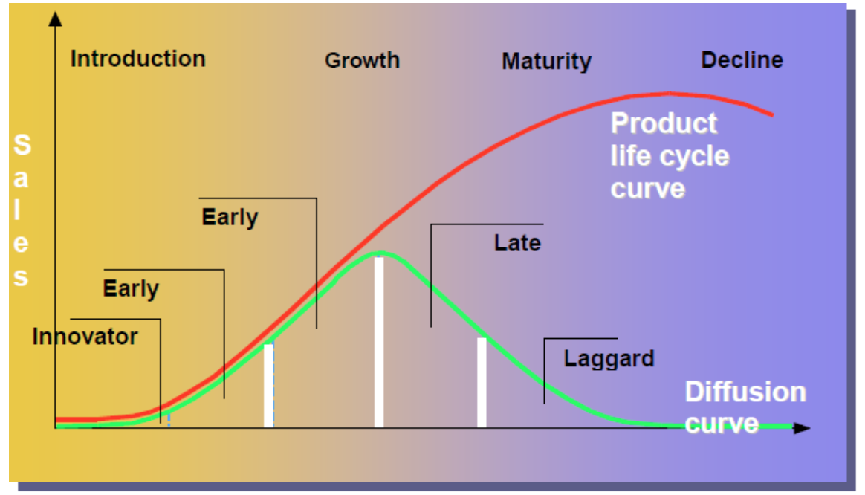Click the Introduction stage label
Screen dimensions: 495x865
pyautogui.click(x=137, y=59)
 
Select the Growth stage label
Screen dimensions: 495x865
pyautogui.click(x=362, y=60)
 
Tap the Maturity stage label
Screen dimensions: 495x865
pyautogui.click(x=546, y=61)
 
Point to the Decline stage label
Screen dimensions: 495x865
pyautogui.click(x=742, y=59)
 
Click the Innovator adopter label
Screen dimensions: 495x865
pyautogui.click(x=85, y=337)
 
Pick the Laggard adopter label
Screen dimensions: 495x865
pyautogui.click(x=609, y=358)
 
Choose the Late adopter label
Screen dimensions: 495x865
pyautogui.click(x=517, y=242)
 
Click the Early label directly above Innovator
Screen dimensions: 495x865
pyautogui.click(x=131, y=288)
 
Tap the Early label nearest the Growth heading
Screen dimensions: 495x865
pyautogui.click(x=230, y=217)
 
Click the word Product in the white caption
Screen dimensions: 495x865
pyautogui.click(x=664, y=123)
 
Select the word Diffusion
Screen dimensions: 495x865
pyautogui.click(x=745, y=392)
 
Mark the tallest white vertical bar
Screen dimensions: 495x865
pyautogui.click(x=379, y=342)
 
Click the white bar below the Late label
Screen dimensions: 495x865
pyautogui.click(x=482, y=383)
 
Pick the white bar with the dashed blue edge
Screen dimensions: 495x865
pyautogui.click(x=268, y=386)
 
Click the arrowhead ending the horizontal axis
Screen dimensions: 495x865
pyautogui.click(x=802, y=428)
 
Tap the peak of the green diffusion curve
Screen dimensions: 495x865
pyautogui.click(x=380, y=253)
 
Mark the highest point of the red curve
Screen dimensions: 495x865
pyautogui.click(x=669, y=93)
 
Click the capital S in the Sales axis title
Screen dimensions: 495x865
pyautogui.click(x=22, y=145)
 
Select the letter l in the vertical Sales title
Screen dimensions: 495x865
pyautogui.click(x=22, y=211)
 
